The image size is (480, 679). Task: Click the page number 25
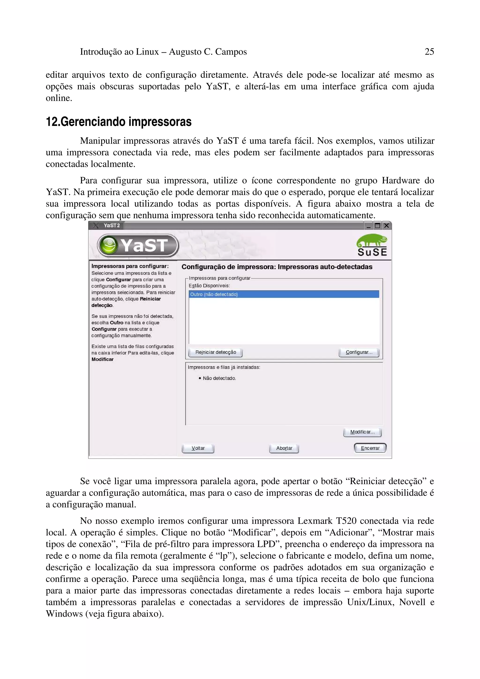pyautogui.click(x=429, y=52)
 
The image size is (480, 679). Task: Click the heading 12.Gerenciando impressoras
pyautogui.click(x=119, y=122)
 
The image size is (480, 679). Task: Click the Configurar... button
pyautogui.click(x=359, y=352)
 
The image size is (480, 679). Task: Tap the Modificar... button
pyautogui.click(x=362, y=432)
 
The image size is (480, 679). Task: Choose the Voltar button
pyautogui.click(x=198, y=448)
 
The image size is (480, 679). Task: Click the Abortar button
pyautogui.click(x=284, y=448)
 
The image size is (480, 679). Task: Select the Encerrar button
pyautogui.click(x=370, y=448)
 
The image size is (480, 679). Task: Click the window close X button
pyautogui.click(x=386, y=226)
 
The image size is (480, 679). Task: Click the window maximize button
pyautogui.click(x=377, y=226)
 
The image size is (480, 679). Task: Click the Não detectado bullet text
pyautogui.click(x=219, y=378)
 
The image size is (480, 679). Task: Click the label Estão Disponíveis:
pyautogui.click(x=209, y=286)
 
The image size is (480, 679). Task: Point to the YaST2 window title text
pyautogui.click(x=112, y=226)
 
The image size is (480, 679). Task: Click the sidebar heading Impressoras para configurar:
pyautogui.click(x=130, y=266)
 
